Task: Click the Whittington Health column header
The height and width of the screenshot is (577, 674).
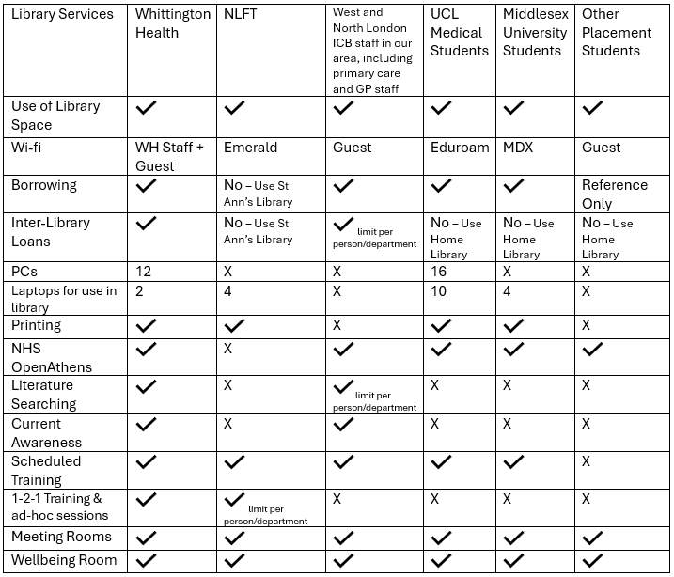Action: (x=173, y=23)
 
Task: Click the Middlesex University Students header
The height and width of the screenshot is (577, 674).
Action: (x=535, y=32)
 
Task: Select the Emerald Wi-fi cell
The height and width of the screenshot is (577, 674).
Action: (x=250, y=148)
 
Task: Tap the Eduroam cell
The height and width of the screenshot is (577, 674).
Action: (x=460, y=148)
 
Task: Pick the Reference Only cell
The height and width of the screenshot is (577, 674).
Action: (x=615, y=194)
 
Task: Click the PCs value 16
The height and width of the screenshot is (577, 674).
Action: (x=440, y=272)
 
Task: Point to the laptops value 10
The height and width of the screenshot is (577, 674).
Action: (x=440, y=290)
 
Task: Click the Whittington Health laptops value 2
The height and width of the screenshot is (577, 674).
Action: (x=140, y=290)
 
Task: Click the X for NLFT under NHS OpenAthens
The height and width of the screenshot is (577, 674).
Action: (x=228, y=348)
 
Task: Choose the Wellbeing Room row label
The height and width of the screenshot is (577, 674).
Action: (x=64, y=560)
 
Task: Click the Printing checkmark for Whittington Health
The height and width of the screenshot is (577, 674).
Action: (x=147, y=325)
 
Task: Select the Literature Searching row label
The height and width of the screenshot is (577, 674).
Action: (x=43, y=395)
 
